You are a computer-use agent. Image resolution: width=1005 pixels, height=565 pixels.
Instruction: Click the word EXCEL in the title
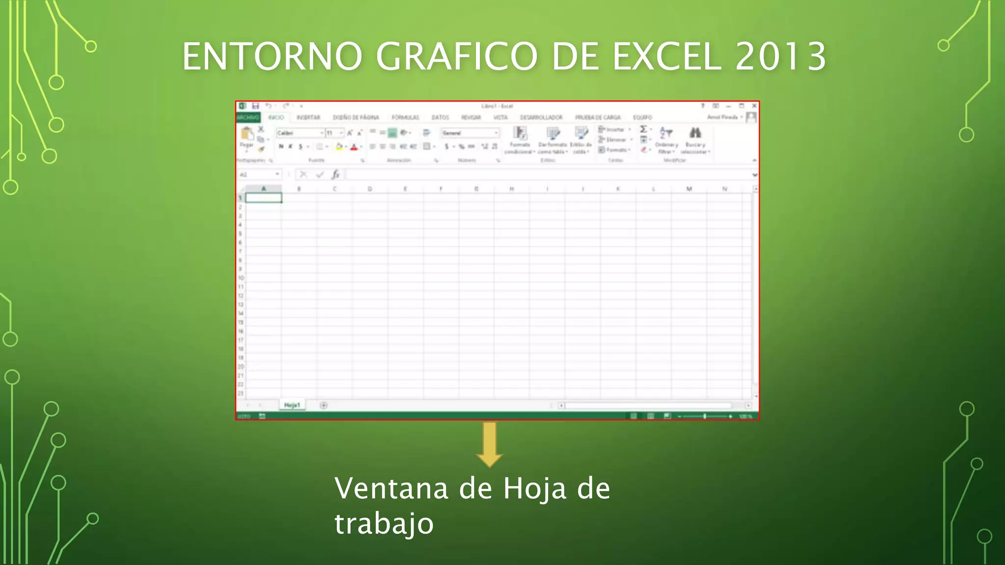click(667, 56)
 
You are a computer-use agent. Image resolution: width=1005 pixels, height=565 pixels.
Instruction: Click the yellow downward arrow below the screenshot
click(489, 444)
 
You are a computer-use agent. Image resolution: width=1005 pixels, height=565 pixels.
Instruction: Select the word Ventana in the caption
click(391, 488)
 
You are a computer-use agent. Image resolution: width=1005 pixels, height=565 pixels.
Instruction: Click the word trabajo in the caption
click(384, 524)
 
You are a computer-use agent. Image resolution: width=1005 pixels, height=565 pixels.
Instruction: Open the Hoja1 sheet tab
click(292, 405)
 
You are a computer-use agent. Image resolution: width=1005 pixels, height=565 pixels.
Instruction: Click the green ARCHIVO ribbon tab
click(248, 118)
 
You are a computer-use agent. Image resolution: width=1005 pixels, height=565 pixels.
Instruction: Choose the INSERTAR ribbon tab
click(308, 118)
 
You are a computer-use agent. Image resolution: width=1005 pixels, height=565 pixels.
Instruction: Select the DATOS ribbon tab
click(440, 118)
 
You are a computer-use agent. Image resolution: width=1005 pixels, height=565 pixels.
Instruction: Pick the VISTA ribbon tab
click(500, 118)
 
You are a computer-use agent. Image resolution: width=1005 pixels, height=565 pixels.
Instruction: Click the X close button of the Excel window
click(754, 106)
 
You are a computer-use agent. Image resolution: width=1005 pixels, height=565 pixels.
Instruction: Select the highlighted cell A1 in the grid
click(264, 198)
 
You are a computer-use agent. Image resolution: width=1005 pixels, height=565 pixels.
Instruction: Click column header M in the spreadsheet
click(689, 189)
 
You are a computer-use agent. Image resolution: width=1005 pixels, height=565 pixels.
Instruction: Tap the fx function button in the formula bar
click(336, 175)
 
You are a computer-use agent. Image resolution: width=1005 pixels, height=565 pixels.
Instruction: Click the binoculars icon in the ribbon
click(695, 133)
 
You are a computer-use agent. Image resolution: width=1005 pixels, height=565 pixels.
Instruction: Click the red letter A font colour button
click(354, 147)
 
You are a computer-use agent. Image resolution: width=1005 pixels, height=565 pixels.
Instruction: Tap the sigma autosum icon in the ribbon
click(643, 129)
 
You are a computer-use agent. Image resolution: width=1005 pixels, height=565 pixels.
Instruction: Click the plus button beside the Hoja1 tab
click(323, 405)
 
